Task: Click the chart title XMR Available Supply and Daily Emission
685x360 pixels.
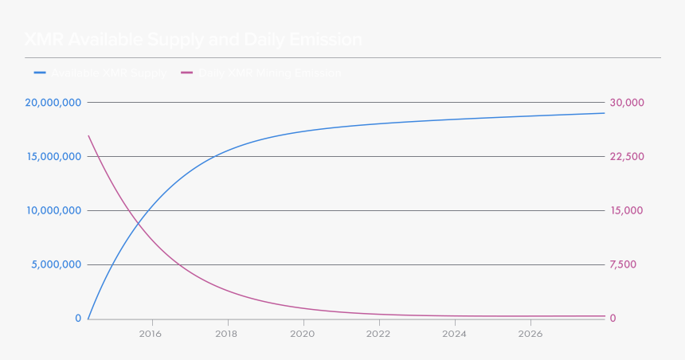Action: pos(193,40)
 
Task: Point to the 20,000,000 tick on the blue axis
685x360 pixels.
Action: pos(53,103)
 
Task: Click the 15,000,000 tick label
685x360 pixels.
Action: pos(53,157)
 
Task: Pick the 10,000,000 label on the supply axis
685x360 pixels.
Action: pos(53,211)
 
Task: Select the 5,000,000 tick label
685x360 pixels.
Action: pos(56,265)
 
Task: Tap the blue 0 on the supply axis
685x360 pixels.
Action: pos(78,319)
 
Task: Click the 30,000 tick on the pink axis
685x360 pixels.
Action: pos(627,103)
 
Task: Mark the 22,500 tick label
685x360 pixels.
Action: pos(627,157)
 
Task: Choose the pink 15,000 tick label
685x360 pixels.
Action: pos(627,211)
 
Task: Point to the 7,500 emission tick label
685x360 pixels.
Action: pos(624,265)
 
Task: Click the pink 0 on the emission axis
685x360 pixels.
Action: pos(613,319)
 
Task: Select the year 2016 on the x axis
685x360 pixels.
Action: pos(151,334)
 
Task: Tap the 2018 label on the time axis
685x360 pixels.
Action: pos(227,334)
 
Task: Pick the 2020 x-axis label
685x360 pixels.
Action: pos(303,334)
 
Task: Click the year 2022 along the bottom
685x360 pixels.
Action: pos(378,334)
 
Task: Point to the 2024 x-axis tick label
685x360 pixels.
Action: pos(454,334)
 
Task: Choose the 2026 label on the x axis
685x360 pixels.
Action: pos(530,334)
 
